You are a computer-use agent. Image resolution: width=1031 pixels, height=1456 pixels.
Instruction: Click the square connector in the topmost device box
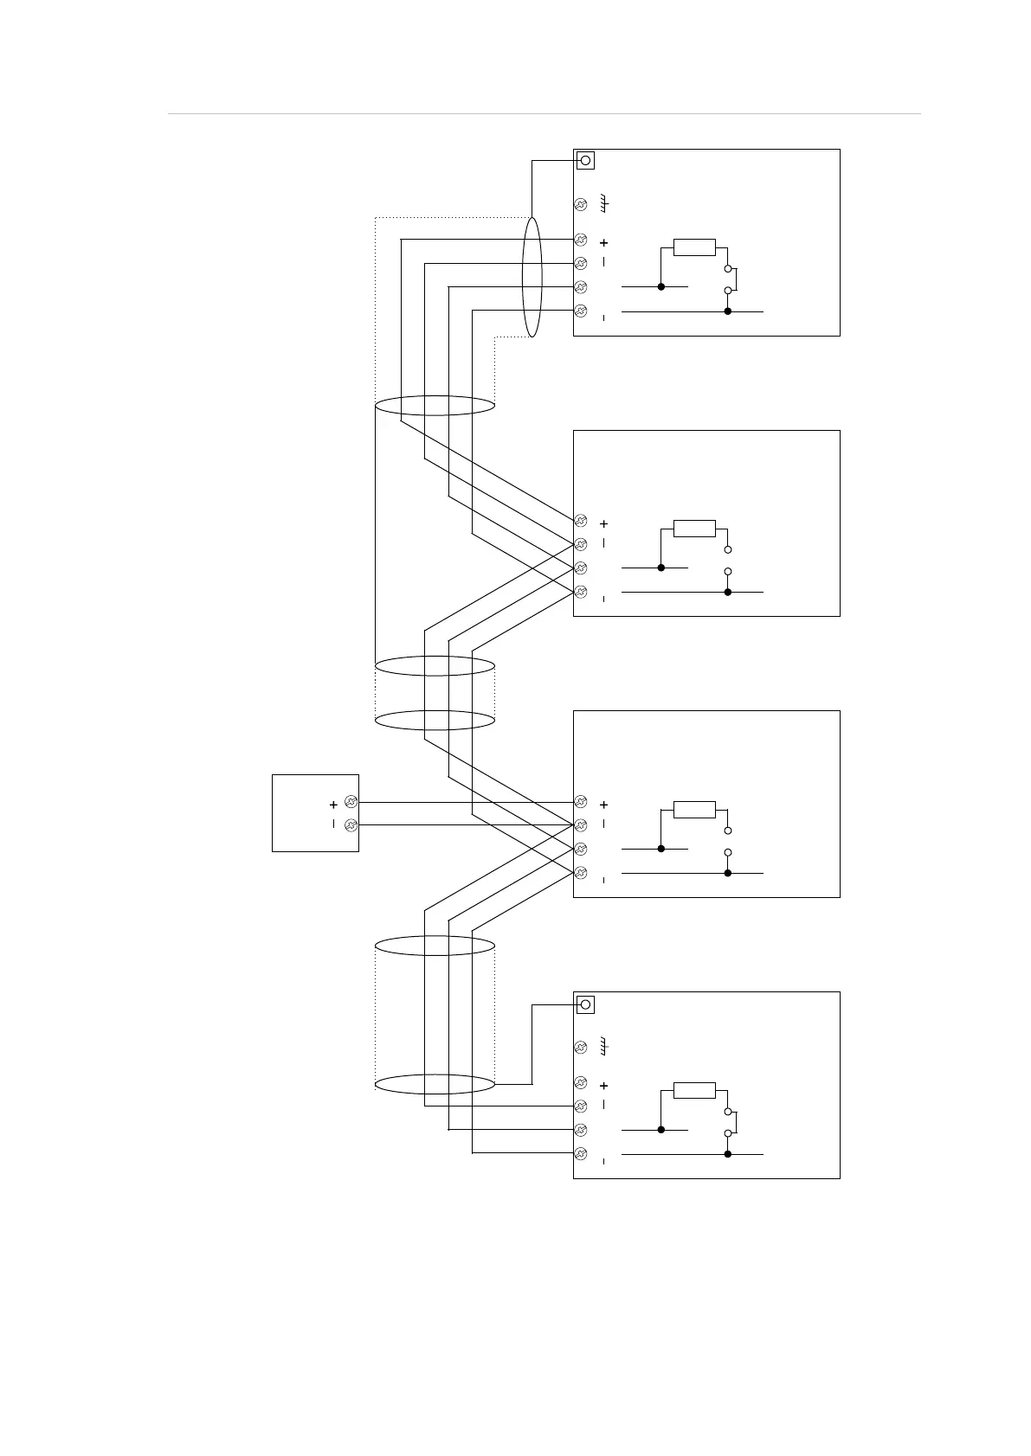coord(585,161)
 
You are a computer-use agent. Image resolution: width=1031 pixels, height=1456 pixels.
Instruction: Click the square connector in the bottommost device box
coord(585,1004)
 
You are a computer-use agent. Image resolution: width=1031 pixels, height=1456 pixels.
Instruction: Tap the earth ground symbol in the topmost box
coord(606,204)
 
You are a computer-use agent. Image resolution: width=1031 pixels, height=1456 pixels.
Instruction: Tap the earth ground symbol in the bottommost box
coord(606,1047)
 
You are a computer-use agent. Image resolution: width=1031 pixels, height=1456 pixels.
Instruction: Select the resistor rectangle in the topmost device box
coord(694,247)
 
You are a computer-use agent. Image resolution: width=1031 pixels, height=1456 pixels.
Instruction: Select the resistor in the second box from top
coord(694,529)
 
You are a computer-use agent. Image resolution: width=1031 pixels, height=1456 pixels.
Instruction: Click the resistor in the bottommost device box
coord(694,1090)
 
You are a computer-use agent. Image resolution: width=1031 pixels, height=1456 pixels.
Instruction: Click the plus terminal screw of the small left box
coord(351,802)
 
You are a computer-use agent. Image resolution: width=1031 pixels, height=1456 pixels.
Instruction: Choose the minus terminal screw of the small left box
coord(351,825)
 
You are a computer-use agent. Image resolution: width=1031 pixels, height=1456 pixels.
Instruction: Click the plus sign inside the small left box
coord(333,805)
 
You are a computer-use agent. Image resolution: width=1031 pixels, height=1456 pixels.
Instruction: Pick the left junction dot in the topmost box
coord(661,286)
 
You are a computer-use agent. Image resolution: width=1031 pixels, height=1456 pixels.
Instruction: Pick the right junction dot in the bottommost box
coord(728,1154)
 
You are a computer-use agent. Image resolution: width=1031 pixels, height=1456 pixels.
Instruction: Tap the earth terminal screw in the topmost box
coord(581,205)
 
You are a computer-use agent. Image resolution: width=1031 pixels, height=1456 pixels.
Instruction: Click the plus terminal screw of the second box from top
coord(581,521)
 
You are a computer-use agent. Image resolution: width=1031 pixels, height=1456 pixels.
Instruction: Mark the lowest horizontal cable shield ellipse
coord(435,1084)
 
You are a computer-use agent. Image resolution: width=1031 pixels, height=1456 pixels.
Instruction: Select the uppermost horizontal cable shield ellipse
coord(435,405)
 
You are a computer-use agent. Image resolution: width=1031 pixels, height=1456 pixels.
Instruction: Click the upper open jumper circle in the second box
coord(728,549)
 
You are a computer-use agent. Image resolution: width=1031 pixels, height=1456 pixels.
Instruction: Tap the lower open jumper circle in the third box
coord(728,852)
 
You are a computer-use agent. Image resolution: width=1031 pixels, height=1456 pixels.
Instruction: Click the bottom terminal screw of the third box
coord(581,872)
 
